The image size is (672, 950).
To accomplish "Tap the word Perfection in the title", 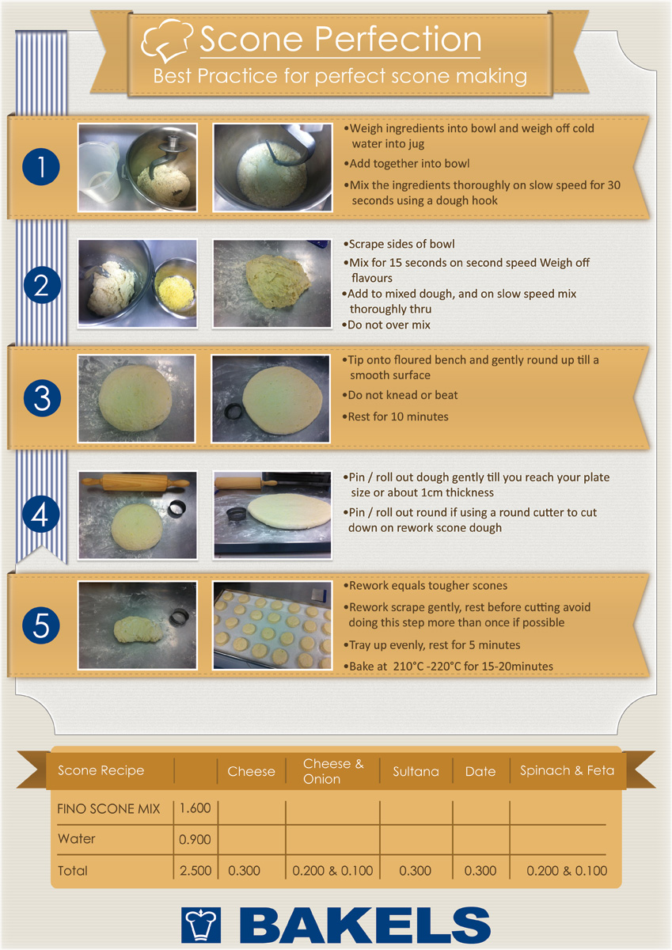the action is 397,40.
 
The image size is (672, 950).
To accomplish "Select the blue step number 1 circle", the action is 41,167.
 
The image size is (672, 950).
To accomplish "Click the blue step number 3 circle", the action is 42,398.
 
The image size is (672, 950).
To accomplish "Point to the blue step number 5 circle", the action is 41,625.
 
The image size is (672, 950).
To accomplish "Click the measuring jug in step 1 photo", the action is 99,173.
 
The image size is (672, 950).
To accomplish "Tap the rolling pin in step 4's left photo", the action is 135,483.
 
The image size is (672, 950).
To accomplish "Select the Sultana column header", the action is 416,771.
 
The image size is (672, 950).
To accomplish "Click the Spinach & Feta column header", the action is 567,770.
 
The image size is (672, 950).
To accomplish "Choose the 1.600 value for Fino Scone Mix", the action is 195,808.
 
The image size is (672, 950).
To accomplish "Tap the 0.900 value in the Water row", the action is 195,839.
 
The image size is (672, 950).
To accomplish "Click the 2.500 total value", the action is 196,871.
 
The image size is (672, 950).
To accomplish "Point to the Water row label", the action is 76,838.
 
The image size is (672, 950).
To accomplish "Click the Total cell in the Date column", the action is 480,871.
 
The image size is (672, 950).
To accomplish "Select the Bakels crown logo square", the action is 201,925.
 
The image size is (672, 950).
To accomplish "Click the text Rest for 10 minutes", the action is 397,416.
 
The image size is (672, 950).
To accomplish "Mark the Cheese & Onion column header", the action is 333,771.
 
